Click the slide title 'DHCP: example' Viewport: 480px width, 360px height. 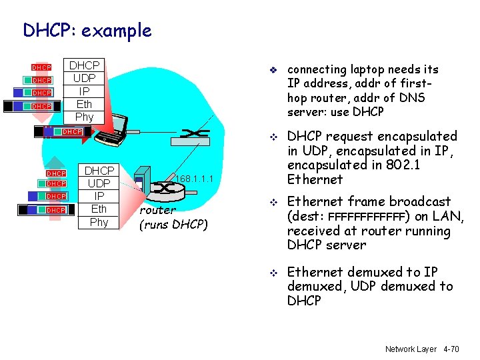(87, 30)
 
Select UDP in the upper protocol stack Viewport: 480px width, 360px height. (85, 78)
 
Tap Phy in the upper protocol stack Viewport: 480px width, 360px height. (85, 117)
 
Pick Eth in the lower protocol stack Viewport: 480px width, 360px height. (99, 209)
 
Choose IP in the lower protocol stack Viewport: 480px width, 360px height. (99, 196)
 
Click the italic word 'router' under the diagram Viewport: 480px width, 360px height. (157, 210)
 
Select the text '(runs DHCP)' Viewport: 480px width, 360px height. (173, 224)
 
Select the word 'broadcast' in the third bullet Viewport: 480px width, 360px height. (421, 201)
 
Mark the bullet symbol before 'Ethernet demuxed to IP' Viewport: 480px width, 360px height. (273, 273)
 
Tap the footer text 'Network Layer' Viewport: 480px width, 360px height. (409, 349)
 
